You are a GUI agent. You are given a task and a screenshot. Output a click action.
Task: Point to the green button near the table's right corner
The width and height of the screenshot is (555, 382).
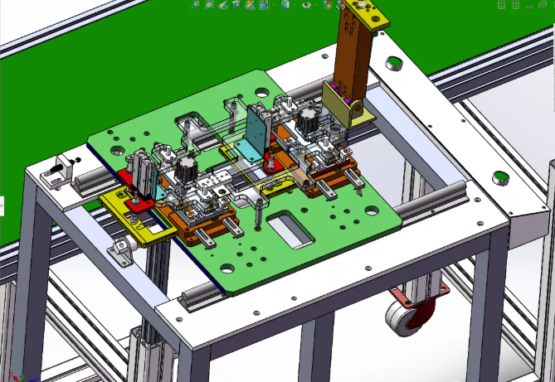500,176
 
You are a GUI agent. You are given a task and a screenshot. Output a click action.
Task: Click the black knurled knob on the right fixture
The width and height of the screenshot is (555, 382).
309,118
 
